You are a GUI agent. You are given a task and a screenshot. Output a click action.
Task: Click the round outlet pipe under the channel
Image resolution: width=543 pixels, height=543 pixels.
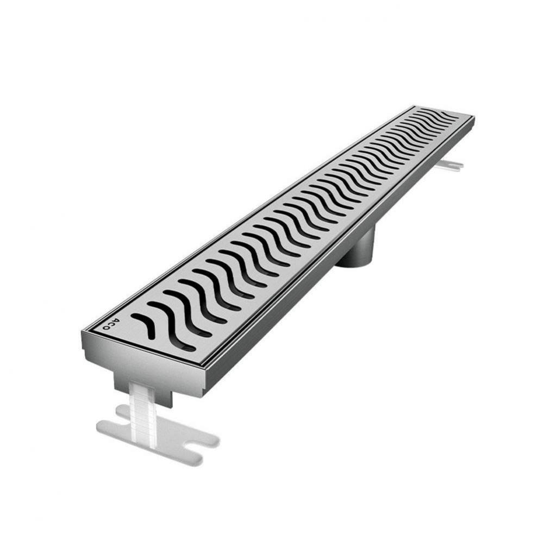pyautogui.click(x=355, y=248)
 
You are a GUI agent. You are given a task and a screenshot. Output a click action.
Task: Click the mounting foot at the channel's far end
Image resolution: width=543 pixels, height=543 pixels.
pyautogui.click(x=449, y=165)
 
